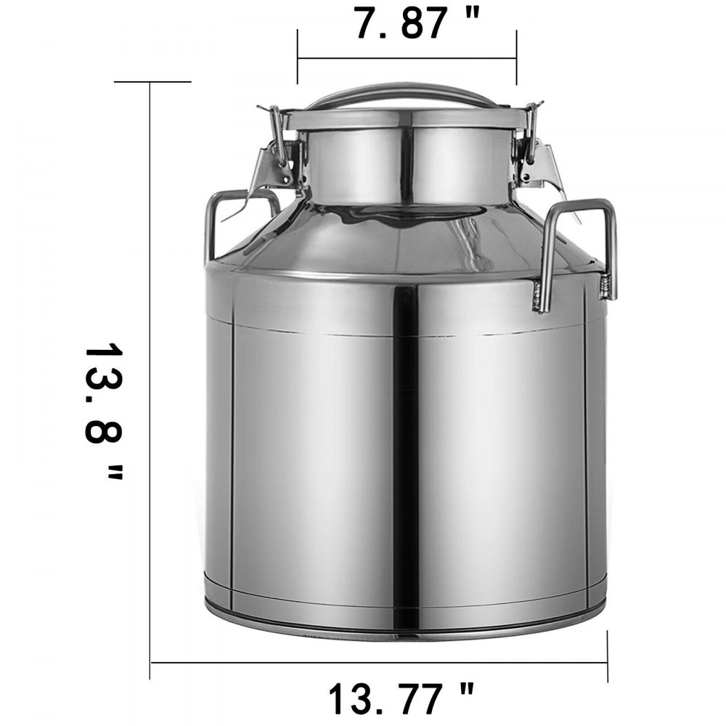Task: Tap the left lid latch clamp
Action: [x=280, y=156]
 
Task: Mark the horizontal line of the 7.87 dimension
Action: [x=407, y=58]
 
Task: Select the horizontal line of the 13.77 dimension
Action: [x=378, y=662]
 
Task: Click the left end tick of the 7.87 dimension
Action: [x=298, y=58]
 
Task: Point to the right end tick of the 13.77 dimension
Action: [x=608, y=657]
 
